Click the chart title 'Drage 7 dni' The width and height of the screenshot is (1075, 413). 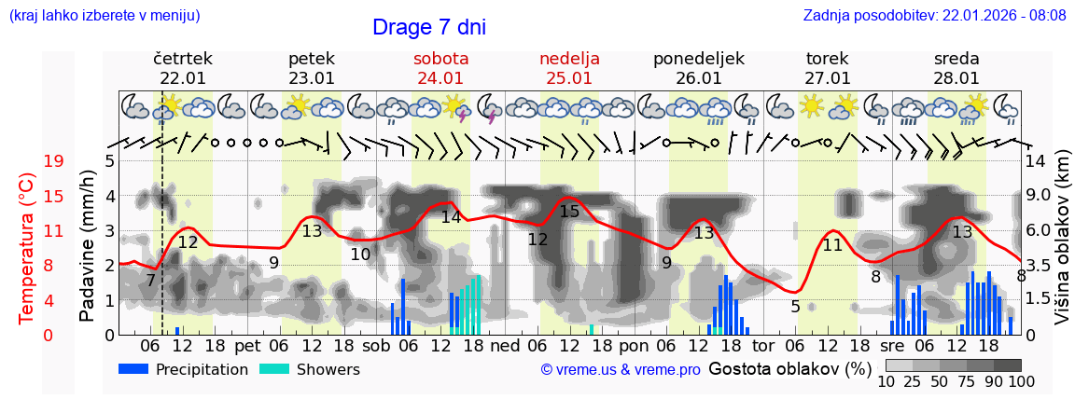[428, 27]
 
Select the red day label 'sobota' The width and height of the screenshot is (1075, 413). [440, 59]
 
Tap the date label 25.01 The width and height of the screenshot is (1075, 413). [569, 78]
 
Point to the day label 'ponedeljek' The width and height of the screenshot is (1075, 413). [698, 59]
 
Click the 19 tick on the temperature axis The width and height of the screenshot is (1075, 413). [53, 161]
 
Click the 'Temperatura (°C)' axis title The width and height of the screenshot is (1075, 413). [27, 248]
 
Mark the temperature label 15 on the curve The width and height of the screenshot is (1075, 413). [569, 212]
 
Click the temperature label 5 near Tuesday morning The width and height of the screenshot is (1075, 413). [795, 306]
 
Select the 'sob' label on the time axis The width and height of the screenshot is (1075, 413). [376, 345]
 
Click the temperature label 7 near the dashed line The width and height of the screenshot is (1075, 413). [150, 280]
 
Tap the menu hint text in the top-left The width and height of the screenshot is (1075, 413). [105, 15]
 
